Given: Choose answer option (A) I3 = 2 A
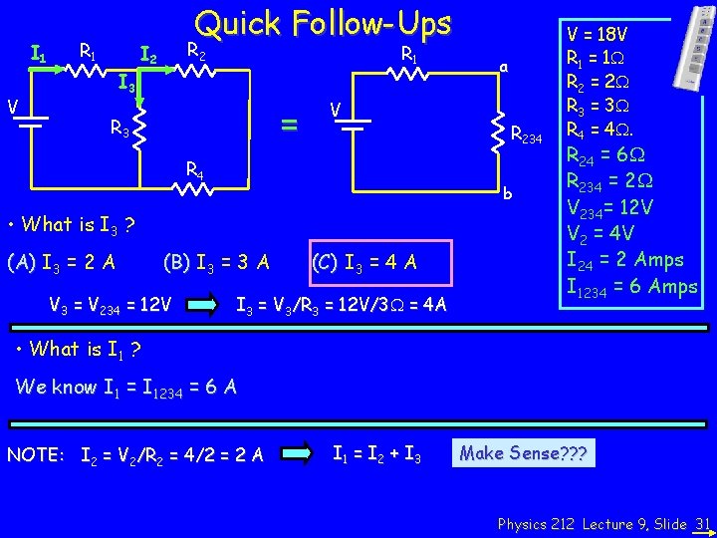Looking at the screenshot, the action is [x=61, y=263].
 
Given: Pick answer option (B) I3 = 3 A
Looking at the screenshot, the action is [x=215, y=263].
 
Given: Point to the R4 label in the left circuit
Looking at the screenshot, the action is [x=195, y=170].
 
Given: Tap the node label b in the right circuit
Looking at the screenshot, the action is [x=508, y=192].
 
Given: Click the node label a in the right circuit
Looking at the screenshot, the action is [x=504, y=67].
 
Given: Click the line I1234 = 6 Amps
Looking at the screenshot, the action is [x=631, y=286].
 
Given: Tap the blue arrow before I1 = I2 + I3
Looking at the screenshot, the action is [x=297, y=455].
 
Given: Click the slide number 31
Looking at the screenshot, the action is [x=702, y=523].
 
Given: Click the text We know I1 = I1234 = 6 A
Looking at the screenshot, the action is [x=126, y=389].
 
